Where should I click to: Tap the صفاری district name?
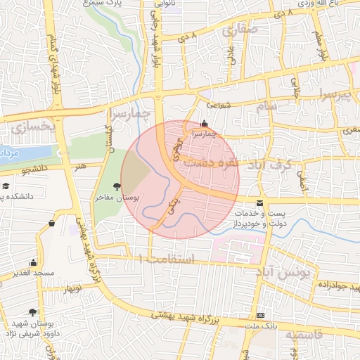tap(239, 31)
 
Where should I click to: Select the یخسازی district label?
tap(32, 127)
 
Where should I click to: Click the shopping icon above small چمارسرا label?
tap(205, 123)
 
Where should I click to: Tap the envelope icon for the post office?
tap(261, 203)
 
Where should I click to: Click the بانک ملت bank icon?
tap(261, 315)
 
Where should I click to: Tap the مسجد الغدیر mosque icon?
tap(34, 262)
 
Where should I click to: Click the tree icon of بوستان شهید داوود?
tap(32, 311)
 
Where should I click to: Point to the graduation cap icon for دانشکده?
tap(6, 187)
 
